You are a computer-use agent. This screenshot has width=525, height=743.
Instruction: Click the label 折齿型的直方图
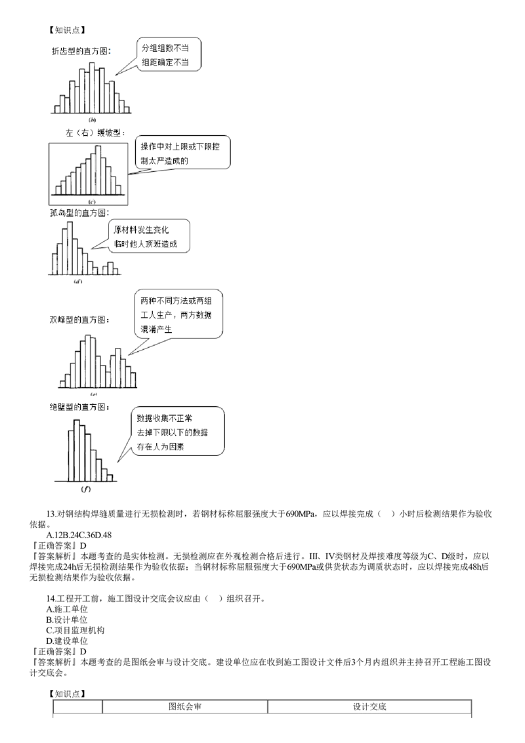pos(81,51)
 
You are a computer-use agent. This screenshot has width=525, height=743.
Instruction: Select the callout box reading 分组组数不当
pos(169,55)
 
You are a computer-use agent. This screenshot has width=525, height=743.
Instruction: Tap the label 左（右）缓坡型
pos(94,133)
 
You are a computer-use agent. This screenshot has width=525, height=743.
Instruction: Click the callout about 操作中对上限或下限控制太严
pos(182,153)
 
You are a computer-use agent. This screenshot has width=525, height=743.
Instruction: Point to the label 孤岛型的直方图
pos(79,213)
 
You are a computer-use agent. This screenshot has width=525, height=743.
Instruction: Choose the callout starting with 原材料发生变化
pos(149,236)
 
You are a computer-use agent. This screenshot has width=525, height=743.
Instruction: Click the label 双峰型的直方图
pos(79,320)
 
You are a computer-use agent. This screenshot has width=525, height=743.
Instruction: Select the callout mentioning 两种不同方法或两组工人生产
pos(178,314)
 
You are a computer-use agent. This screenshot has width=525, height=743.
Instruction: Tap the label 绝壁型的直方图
pos(79,407)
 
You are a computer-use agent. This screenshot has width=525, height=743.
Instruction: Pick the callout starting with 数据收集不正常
pos(177,431)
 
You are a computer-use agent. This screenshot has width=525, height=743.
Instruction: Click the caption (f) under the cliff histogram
pos(86,488)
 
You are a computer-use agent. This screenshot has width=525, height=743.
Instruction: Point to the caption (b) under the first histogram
pos(93,120)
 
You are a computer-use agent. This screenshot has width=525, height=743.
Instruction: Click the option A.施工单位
pos(67,609)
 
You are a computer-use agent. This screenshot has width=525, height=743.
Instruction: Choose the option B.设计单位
pos(67,620)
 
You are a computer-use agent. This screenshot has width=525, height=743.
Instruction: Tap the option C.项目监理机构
pos(75,630)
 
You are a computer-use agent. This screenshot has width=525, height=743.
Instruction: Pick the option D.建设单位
pos(67,641)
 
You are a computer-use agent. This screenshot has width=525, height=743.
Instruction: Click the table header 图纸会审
pos(185,706)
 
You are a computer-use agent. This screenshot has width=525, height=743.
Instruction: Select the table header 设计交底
pos(369,706)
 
